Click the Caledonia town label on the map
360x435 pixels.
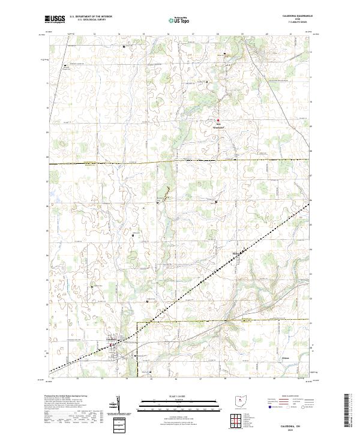[112, 340]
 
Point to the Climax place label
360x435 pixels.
[286, 358]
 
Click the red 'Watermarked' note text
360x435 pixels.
[218, 127]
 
